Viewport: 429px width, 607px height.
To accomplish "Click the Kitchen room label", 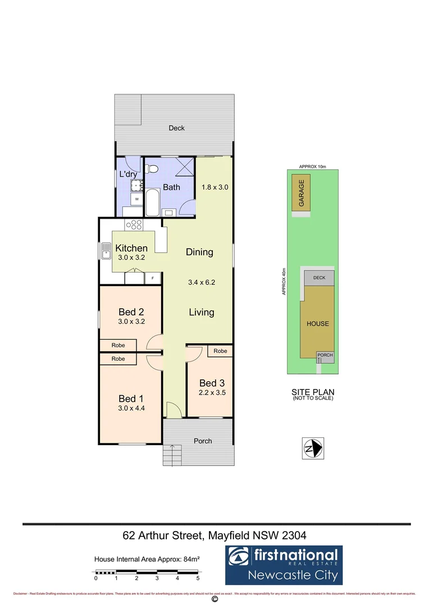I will pos(131,248).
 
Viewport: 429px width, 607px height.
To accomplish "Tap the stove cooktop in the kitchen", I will pos(134,225).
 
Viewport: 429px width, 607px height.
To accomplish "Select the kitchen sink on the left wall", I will pos(106,251).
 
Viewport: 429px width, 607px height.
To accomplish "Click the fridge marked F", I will pos(152,277).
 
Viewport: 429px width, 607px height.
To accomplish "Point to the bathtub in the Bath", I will pos(152,202).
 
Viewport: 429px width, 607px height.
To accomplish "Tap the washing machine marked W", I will pos(136,199).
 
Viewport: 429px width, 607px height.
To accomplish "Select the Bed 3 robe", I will pos(220,351).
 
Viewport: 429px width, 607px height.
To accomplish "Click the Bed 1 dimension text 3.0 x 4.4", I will pos(131,409).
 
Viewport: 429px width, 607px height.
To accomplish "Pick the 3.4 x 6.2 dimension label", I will pos(201,283).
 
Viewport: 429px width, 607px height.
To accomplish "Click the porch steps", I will pos(173,453).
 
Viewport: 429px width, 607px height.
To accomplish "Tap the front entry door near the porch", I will pos(174,410).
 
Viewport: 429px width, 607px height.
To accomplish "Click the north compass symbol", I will pos(312,447).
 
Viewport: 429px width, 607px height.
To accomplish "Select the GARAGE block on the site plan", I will pos(302,193).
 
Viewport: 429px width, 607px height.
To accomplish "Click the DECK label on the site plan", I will pos(319,278).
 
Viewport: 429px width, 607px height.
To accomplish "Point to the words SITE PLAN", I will pos(312,391).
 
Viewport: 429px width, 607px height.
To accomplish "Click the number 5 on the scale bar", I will pos(198,578).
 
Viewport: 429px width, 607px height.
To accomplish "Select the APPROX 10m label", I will pos(312,166).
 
